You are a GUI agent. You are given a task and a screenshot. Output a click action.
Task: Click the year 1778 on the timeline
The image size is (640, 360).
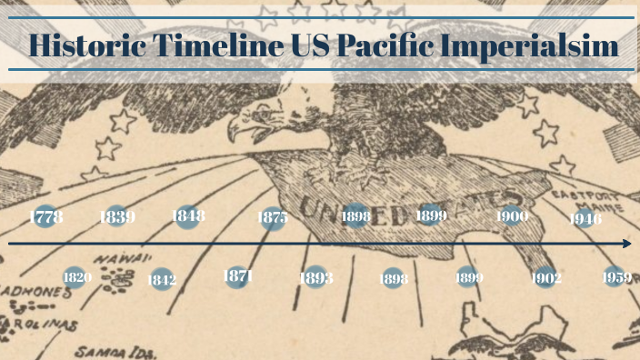coord(45,217)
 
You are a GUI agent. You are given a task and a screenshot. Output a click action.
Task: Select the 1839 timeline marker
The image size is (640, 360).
coord(117,217)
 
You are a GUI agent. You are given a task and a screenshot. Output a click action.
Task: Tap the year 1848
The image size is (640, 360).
coord(188,216)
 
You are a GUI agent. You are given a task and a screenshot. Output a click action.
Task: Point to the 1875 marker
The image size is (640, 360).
coord(273,217)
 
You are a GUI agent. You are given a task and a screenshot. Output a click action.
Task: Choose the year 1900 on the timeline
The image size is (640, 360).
coord(513,216)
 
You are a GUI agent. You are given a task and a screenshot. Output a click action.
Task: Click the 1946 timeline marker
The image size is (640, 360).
coord(585,218)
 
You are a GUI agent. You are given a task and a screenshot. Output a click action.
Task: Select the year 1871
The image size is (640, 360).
coord(237,275)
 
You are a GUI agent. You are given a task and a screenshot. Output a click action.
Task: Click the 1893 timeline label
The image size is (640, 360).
coord(315,278)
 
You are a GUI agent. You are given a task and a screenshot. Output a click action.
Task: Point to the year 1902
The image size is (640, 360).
coord(545,278)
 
